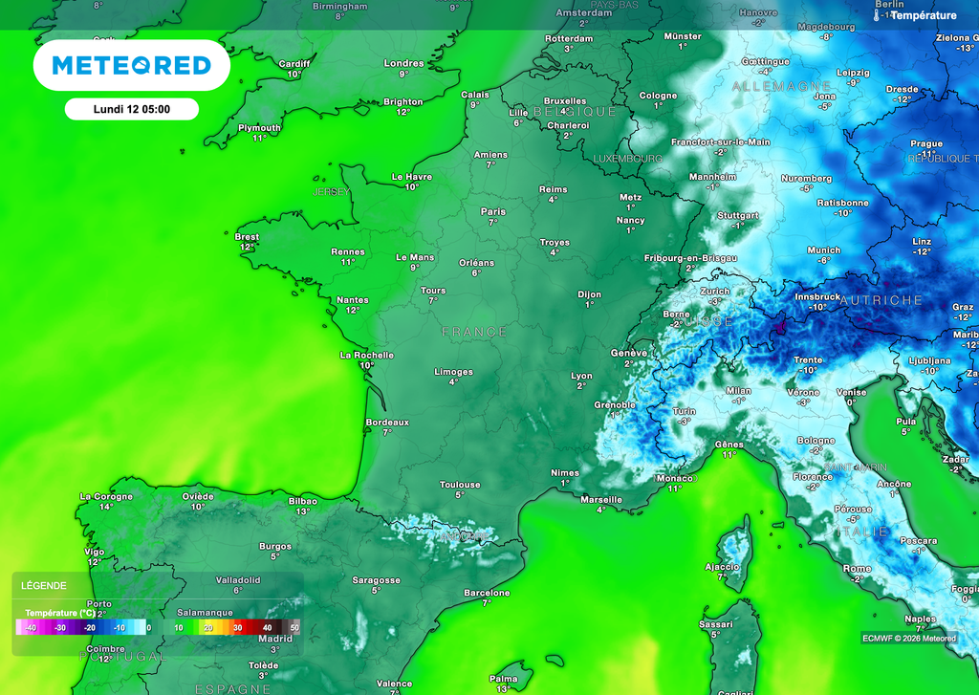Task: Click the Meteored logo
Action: click(x=131, y=65)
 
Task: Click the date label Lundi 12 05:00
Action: click(x=132, y=109)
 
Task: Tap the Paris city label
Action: click(x=493, y=211)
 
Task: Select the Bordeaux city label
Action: click(x=387, y=422)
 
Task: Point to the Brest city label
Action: click(x=247, y=236)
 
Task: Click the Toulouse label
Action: click(x=460, y=485)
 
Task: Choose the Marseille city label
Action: click(x=601, y=499)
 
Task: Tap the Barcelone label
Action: click(x=487, y=593)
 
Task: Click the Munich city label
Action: click(x=824, y=250)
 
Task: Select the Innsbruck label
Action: click(x=817, y=296)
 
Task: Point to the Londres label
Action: click(x=403, y=63)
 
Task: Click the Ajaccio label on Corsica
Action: click(x=722, y=566)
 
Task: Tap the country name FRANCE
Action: click(x=474, y=332)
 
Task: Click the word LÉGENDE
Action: click(x=44, y=585)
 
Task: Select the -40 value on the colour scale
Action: click(x=31, y=627)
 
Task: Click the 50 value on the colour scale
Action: click(x=294, y=627)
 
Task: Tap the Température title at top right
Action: click(x=923, y=15)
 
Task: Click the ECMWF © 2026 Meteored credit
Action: click(x=908, y=639)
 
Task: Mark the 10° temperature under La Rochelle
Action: click(x=367, y=365)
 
